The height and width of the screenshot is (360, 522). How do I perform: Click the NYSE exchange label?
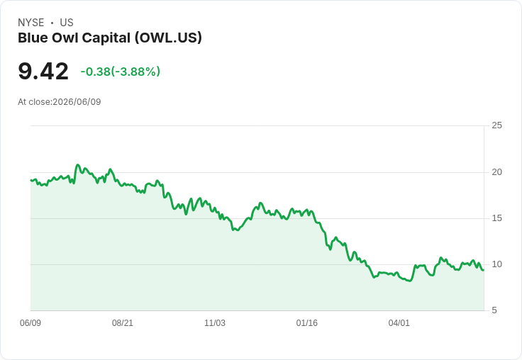[31, 23]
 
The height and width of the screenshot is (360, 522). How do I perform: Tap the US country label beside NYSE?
[67, 23]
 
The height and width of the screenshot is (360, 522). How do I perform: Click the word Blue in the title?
[33, 38]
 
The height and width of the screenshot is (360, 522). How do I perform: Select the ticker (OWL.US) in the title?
[169, 38]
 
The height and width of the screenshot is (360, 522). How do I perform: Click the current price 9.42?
[43, 72]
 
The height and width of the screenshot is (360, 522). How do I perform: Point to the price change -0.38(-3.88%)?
[121, 72]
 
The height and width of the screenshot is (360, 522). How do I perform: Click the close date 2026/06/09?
[77, 102]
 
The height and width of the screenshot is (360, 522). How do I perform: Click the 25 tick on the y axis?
[496, 125]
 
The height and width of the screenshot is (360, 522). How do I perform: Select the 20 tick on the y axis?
[496, 172]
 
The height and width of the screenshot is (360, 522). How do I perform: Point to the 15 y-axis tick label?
[496, 218]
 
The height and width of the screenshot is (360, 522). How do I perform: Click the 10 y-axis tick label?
[496, 264]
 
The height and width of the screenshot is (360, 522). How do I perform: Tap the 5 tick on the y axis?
[494, 310]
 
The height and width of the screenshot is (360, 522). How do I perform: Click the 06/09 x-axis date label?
[30, 323]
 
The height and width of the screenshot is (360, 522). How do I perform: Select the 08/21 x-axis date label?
[123, 323]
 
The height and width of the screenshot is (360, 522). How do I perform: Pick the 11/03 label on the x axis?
[215, 323]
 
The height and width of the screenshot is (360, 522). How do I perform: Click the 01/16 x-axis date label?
[307, 323]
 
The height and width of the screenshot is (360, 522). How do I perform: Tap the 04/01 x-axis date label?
[399, 323]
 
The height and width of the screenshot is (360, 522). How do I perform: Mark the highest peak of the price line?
[77, 164]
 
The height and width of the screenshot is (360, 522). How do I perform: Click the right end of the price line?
[484, 270]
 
